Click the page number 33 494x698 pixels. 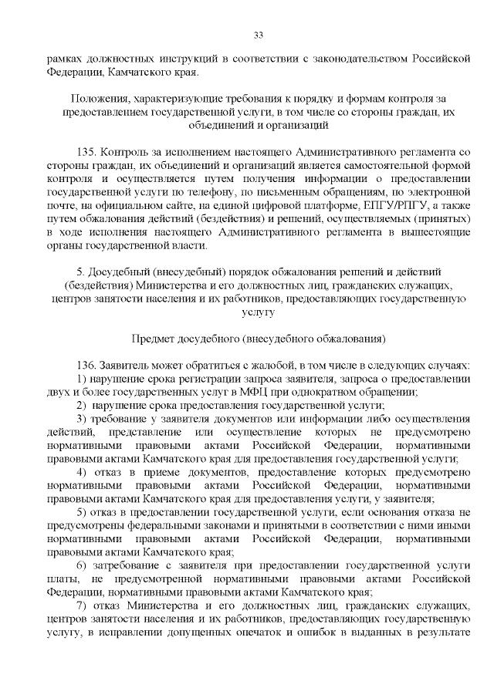pyautogui.click(x=259, y=35)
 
